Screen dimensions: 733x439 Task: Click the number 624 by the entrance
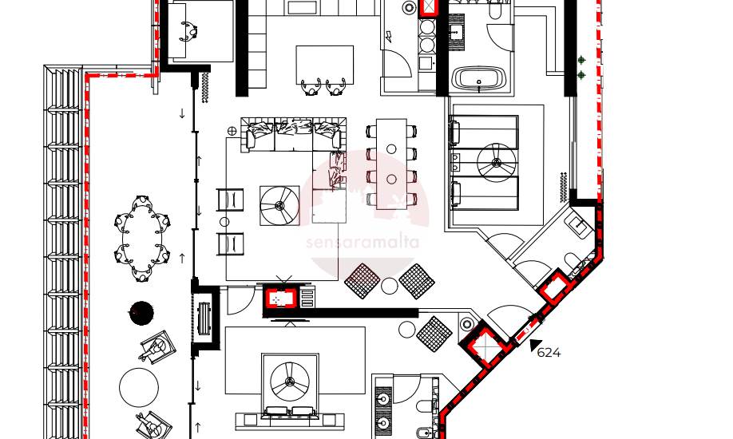pyautogui.click(x=549, y=353)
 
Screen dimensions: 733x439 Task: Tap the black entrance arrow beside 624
pyautogui.click(x=535, y=345)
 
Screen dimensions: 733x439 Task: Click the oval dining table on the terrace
pyautogui.click(x=142, y=238)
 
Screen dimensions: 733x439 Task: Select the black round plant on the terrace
pyautogui.click(x=141, y=313)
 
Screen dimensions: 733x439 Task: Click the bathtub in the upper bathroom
pyautogui.click(x=480, y=77)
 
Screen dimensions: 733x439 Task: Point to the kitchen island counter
pyautogui.click(x=324, y=65)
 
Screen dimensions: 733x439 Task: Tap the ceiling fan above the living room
pyautogui.click(x=279, y=205)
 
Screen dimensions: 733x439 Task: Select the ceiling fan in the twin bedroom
pyautogui.click(x=497, y=162)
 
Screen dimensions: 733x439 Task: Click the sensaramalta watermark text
pyautogui.click(x=363, y=243)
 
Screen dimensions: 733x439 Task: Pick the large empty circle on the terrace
pyautogui.click(x=139, y=387)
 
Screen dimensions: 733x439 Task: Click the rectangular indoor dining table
pyautogui.click(x=392, y=164)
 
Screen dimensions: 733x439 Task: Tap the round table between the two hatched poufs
pyautogui.click(x=389, y=285)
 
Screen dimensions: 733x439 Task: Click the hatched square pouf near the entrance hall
pyautogui.click(x=434, y=334)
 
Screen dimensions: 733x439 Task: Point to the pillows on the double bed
pyautogui.click(x=290, y=412)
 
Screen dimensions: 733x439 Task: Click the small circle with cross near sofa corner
pyautogui.click(x=232, y=131)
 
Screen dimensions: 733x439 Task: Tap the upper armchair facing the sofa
pyautogui.click(x=231, y=200)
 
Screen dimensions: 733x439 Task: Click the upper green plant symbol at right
pyautogui.click(x=581, y=60)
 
